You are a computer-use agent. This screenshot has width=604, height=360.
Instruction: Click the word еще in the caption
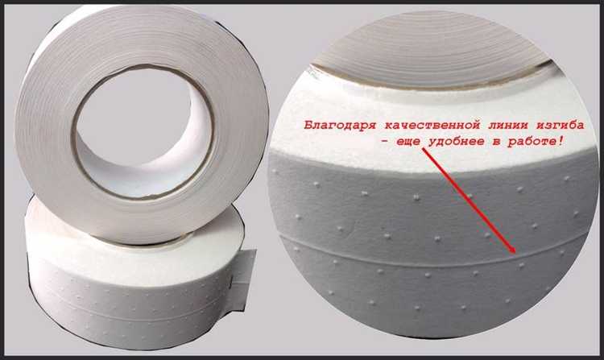[x=408, y=142]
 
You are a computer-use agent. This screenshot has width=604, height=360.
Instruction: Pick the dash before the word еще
[x=384, y=142]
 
